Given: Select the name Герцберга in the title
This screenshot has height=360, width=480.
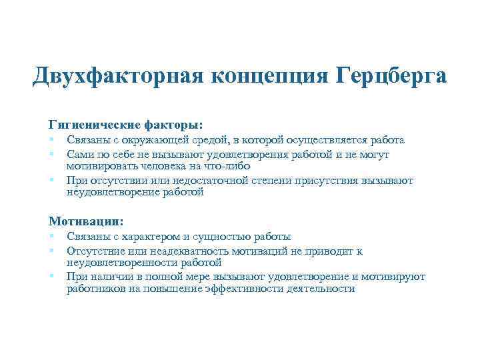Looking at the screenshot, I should click(x=387, y=75).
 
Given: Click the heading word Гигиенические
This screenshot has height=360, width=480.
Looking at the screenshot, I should click(x=101, y=124).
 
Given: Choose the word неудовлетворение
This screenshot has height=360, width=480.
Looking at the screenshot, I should click(x=109, y=192).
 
